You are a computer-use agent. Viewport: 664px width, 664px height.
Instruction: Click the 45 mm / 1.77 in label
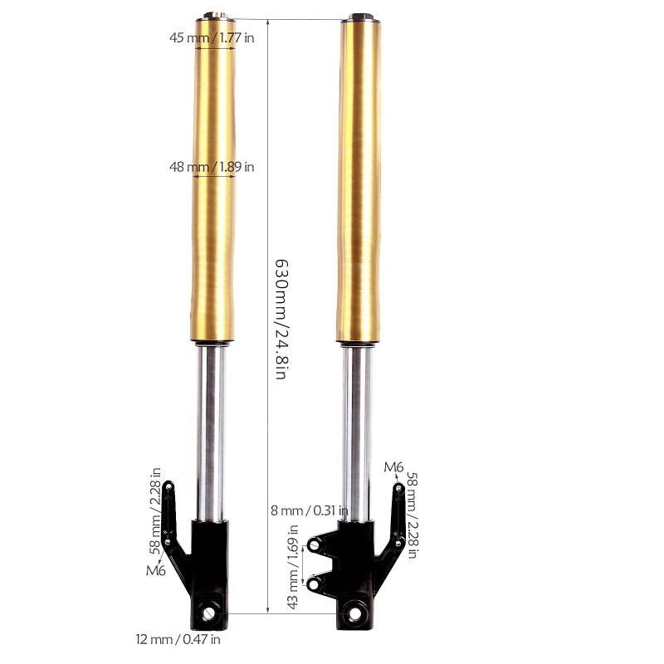coord(212,37)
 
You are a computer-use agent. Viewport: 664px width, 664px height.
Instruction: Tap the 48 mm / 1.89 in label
coord(212,167)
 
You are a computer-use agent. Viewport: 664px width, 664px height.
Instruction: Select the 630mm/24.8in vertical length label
coord(281,319)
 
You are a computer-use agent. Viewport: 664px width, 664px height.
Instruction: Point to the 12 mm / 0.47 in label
coord(178,639)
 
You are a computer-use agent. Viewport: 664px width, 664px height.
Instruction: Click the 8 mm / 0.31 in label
coord(310,510)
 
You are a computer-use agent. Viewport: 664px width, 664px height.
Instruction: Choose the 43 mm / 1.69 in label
coord(293,567)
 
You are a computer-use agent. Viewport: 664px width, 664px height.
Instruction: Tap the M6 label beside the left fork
coord(156,570)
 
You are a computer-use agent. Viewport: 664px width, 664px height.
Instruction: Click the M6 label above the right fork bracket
coord(393,467)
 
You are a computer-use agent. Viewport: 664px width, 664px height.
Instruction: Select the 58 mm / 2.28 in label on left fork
coord(155,511)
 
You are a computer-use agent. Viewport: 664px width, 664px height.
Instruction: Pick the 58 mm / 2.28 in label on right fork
coord(412,515)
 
